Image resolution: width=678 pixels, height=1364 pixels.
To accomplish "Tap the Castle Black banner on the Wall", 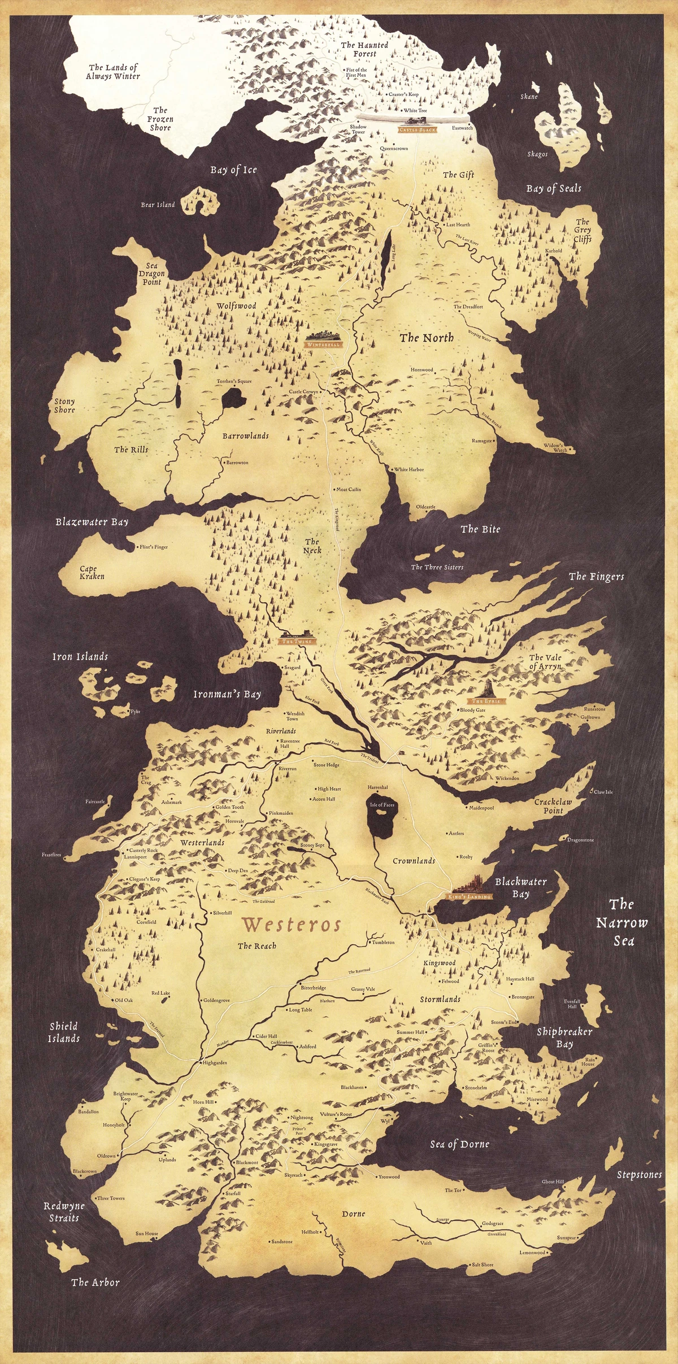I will (418, 130).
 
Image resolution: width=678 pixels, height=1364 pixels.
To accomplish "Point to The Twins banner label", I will (296, 642).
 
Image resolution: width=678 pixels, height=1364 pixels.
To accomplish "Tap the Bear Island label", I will (158, 204).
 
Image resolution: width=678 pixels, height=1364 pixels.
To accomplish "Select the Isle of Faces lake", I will (381, 824).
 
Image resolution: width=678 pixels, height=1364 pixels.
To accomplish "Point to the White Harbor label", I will (408, 469).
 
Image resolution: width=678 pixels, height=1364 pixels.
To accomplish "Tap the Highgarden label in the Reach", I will (214, 1062).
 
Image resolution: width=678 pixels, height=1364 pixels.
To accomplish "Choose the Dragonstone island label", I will (580, 840).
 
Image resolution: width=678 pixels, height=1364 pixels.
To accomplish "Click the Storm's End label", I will (504, 1022).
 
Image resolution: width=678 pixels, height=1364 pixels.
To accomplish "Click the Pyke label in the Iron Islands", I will (135, 712).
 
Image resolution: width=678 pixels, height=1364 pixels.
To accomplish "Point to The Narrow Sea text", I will (622, 922).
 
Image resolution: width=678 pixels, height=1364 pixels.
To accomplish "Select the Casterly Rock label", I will (144, 850).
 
